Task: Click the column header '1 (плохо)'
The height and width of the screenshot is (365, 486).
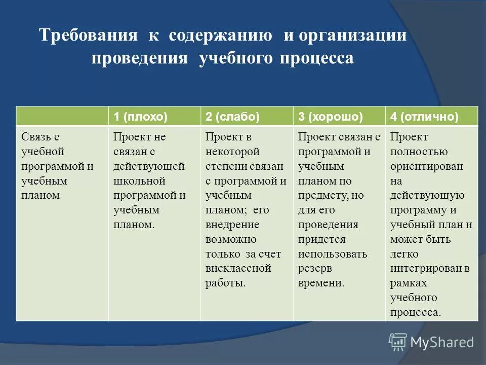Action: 140,117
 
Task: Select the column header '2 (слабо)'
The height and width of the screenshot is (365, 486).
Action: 232,117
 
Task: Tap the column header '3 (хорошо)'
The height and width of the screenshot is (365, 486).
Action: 330,117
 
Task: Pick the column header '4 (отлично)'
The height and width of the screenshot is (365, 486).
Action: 424,117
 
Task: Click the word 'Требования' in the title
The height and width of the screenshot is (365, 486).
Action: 89,36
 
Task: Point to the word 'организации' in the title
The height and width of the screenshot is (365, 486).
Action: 352,36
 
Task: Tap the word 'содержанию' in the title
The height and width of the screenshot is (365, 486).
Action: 221,36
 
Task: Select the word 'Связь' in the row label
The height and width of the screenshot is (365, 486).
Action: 34,137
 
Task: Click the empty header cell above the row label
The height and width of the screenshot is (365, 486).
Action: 62,117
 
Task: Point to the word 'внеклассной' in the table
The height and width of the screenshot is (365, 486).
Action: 238,268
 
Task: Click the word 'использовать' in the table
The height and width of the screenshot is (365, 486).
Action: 333,254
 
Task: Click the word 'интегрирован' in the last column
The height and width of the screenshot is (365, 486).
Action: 425,268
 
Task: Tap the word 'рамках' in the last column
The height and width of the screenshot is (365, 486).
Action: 409,283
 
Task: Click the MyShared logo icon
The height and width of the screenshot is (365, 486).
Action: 398,342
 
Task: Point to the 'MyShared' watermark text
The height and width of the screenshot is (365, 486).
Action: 441,343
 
